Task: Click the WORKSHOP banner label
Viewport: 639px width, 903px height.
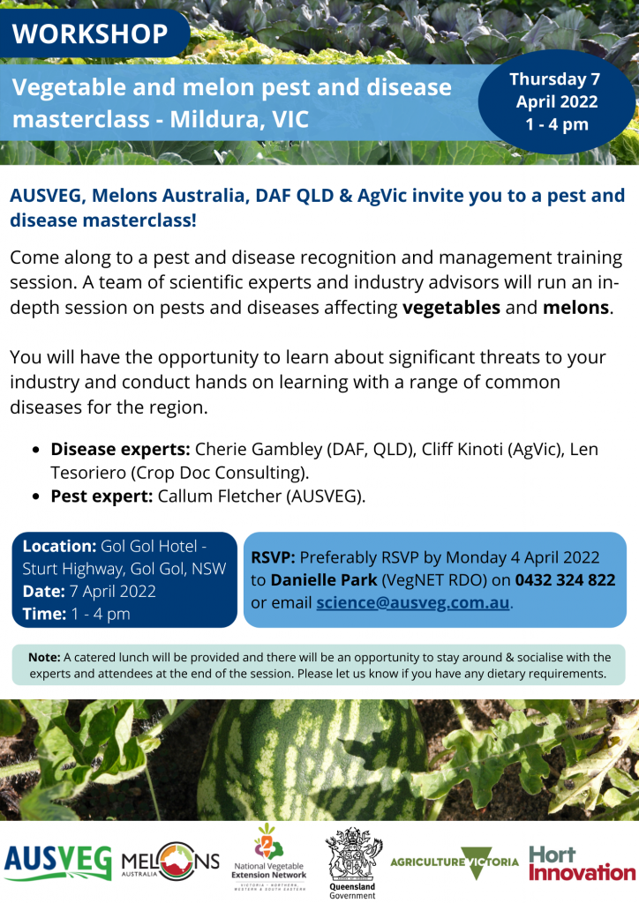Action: pyautogui.click(x=90, y=34)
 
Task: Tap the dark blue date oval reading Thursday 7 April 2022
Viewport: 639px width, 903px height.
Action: pyautogui.click(x=557, y=102)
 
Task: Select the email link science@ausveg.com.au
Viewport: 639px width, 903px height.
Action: pyautogui.click(x=413, y=602)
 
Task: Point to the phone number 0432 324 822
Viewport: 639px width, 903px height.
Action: pyautogui.click(x=565, y=580)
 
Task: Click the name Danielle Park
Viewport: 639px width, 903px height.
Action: pyautogui.click(x=324, y=580)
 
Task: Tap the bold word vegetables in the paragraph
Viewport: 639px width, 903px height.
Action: pyautogui.click(x=451, y=308)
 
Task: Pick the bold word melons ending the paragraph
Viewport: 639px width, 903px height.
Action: pyautogui.click(x=575, y=308)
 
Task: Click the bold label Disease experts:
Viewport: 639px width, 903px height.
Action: pyautogui.click(x=120, y=449)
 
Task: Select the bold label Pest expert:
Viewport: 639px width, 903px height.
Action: pyautogui.click(x=101, y=496)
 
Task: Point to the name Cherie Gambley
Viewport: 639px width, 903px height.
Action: pyautogui.click(x=259, y=449)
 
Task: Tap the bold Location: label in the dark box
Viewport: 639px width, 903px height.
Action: pyautogui.click(x=59, y=546)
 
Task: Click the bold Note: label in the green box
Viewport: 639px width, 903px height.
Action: pyautogui.click(x=44, y=657)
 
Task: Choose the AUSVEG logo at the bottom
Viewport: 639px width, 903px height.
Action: pyautogui.click(x=57, y=862)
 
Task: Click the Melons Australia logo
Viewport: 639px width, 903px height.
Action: pyautogui.click(x=170, y=862)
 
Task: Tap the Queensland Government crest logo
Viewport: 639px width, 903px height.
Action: pyautogui.click(x=352, y=862)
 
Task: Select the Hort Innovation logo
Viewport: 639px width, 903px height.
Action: pyautogui.click(x=582, y=863)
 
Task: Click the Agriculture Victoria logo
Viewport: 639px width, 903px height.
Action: pyautogui.click(x=454, y=862)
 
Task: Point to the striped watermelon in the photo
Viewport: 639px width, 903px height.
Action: pyautogui.click(x=314, y=761)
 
